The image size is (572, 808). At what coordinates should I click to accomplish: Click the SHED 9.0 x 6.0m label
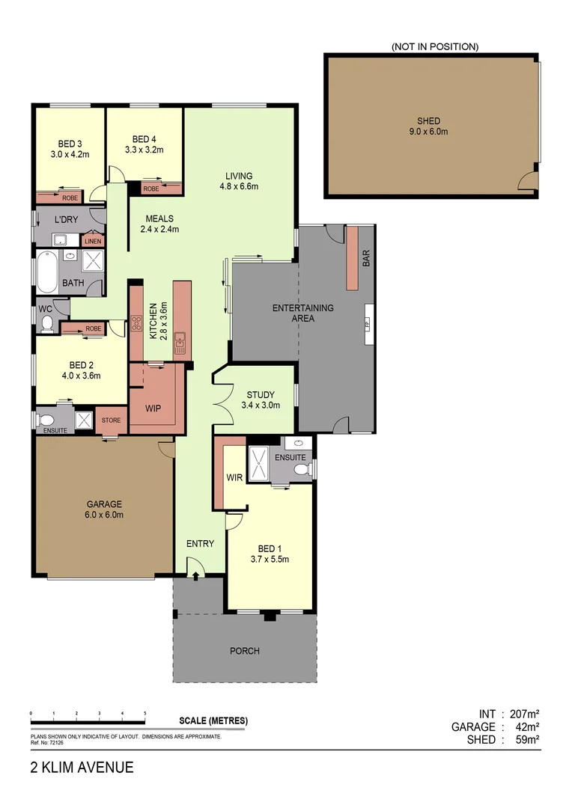click(x=429, y=126)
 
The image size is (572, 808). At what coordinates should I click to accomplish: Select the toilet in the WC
click(x=47, y=323)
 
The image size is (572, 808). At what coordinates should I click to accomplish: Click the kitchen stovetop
click(x=137, y=324)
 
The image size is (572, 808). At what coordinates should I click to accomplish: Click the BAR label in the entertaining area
click(x=366, y=258)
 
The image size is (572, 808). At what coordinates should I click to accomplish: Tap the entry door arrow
click(x=195, y=575)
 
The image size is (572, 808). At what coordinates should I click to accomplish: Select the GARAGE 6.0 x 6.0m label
click(x=103, y=509)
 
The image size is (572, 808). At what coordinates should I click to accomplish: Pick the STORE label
click(x=111, y=420)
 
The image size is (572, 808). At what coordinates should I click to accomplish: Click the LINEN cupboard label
click(x=93, y=241)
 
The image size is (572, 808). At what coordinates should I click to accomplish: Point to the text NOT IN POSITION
click(x=434, y=46)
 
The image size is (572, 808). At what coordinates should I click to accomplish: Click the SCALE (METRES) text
click(x=213, y=721)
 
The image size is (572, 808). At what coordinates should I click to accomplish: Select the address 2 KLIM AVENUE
click(x=82, y=768)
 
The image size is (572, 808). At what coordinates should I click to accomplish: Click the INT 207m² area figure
click(x=509, y=714)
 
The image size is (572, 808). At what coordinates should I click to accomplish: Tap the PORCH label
click(x=245, y=651)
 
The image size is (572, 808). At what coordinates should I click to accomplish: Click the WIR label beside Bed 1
click(x=234, y=477)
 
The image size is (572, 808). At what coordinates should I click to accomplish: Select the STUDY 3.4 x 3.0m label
click(x=261, y=400)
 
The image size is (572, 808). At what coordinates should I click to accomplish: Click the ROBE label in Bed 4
click(x=151, y=189)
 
